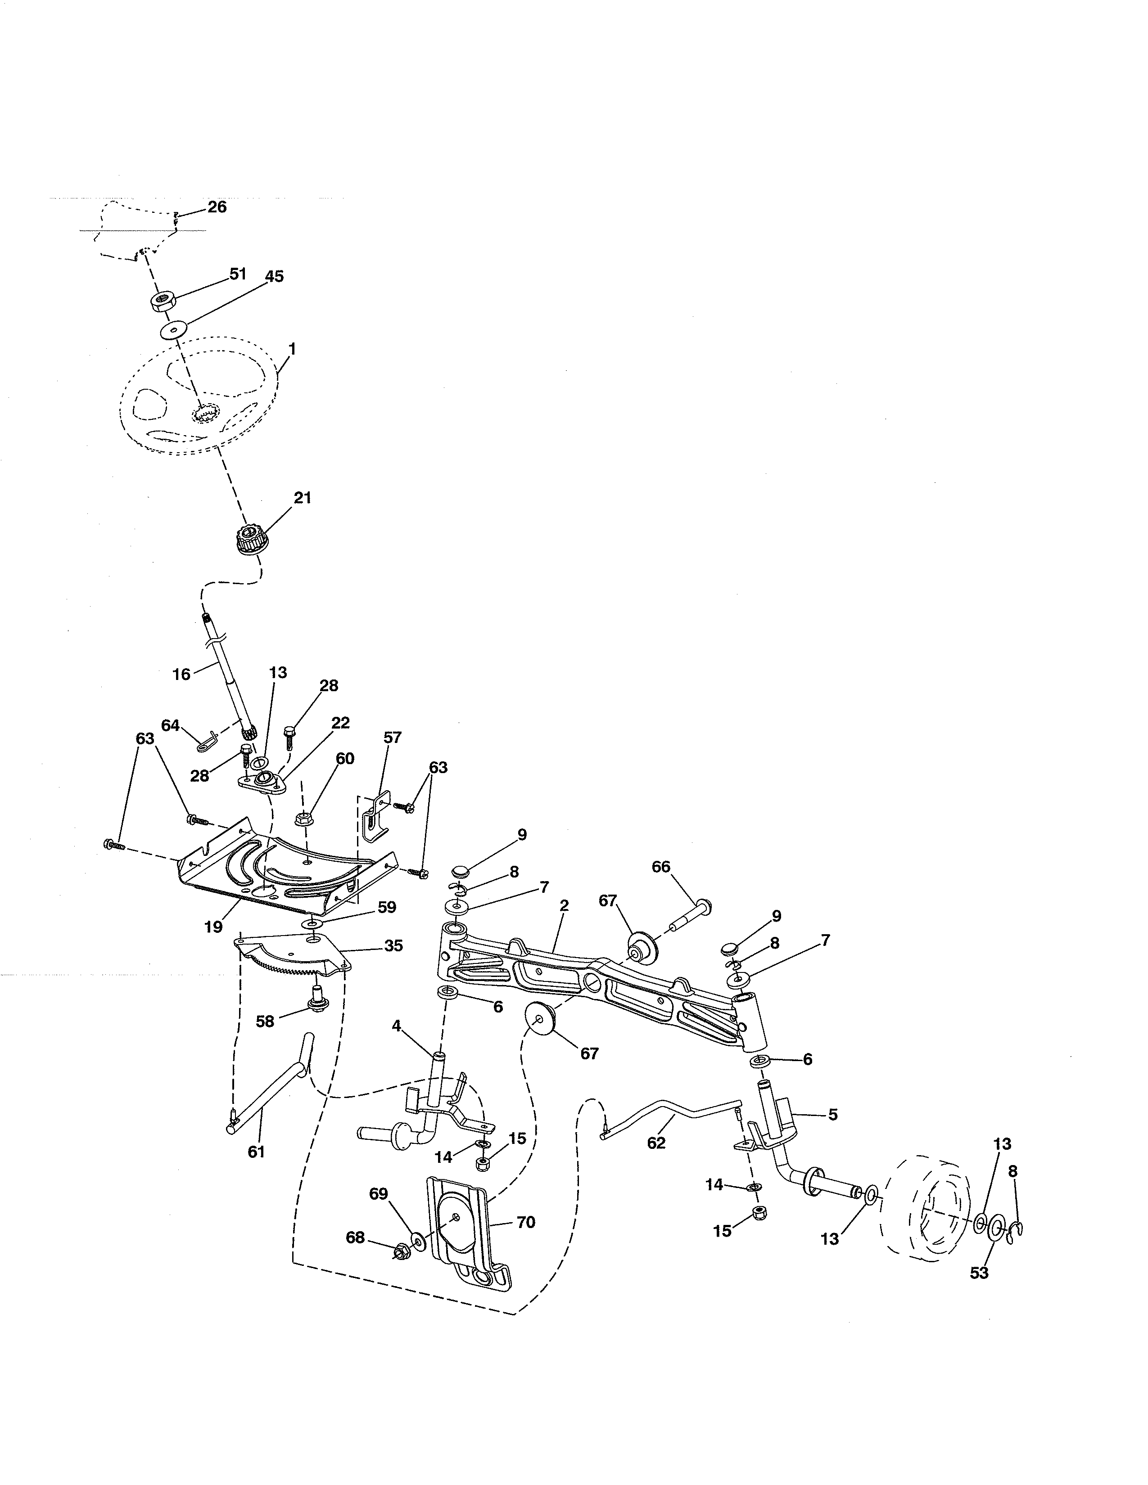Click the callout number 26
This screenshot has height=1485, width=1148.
(x=217, y=207)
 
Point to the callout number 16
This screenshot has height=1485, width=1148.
(x=181, y=675)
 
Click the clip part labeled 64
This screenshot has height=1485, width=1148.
(x=207, y=740)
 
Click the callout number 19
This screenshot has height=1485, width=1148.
(x=213, y=927)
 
